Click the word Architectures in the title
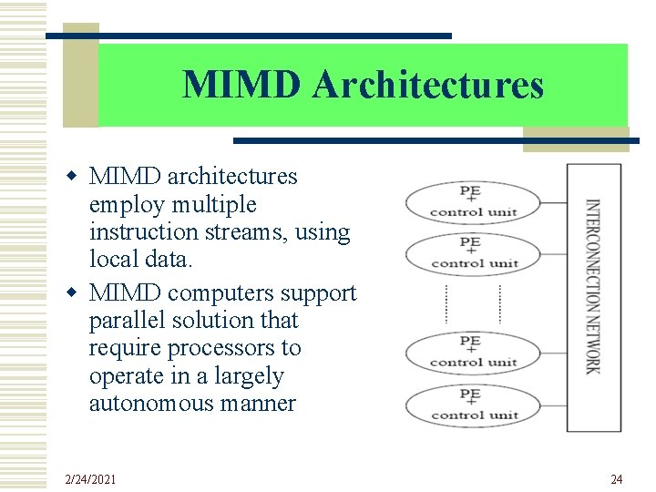pyautogui.click(x=428, y=85)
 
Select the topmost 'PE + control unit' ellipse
pyautogui.click(x=473, y=202)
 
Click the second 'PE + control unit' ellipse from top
pyautogui.click(x=473, y=253)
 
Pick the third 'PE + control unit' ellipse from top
pyautogui.click(x=473, y=353)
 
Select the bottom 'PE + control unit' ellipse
pyautogui.click(x=473, y=405)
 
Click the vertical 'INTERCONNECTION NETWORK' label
pyautogui.click(x=593, y=286)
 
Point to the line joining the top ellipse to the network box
pyautogui.click(x=554, y=202)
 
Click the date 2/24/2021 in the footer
pyautogui.click(x=90, y=479)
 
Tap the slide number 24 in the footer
pyautogui.click(x=616, y=479)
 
